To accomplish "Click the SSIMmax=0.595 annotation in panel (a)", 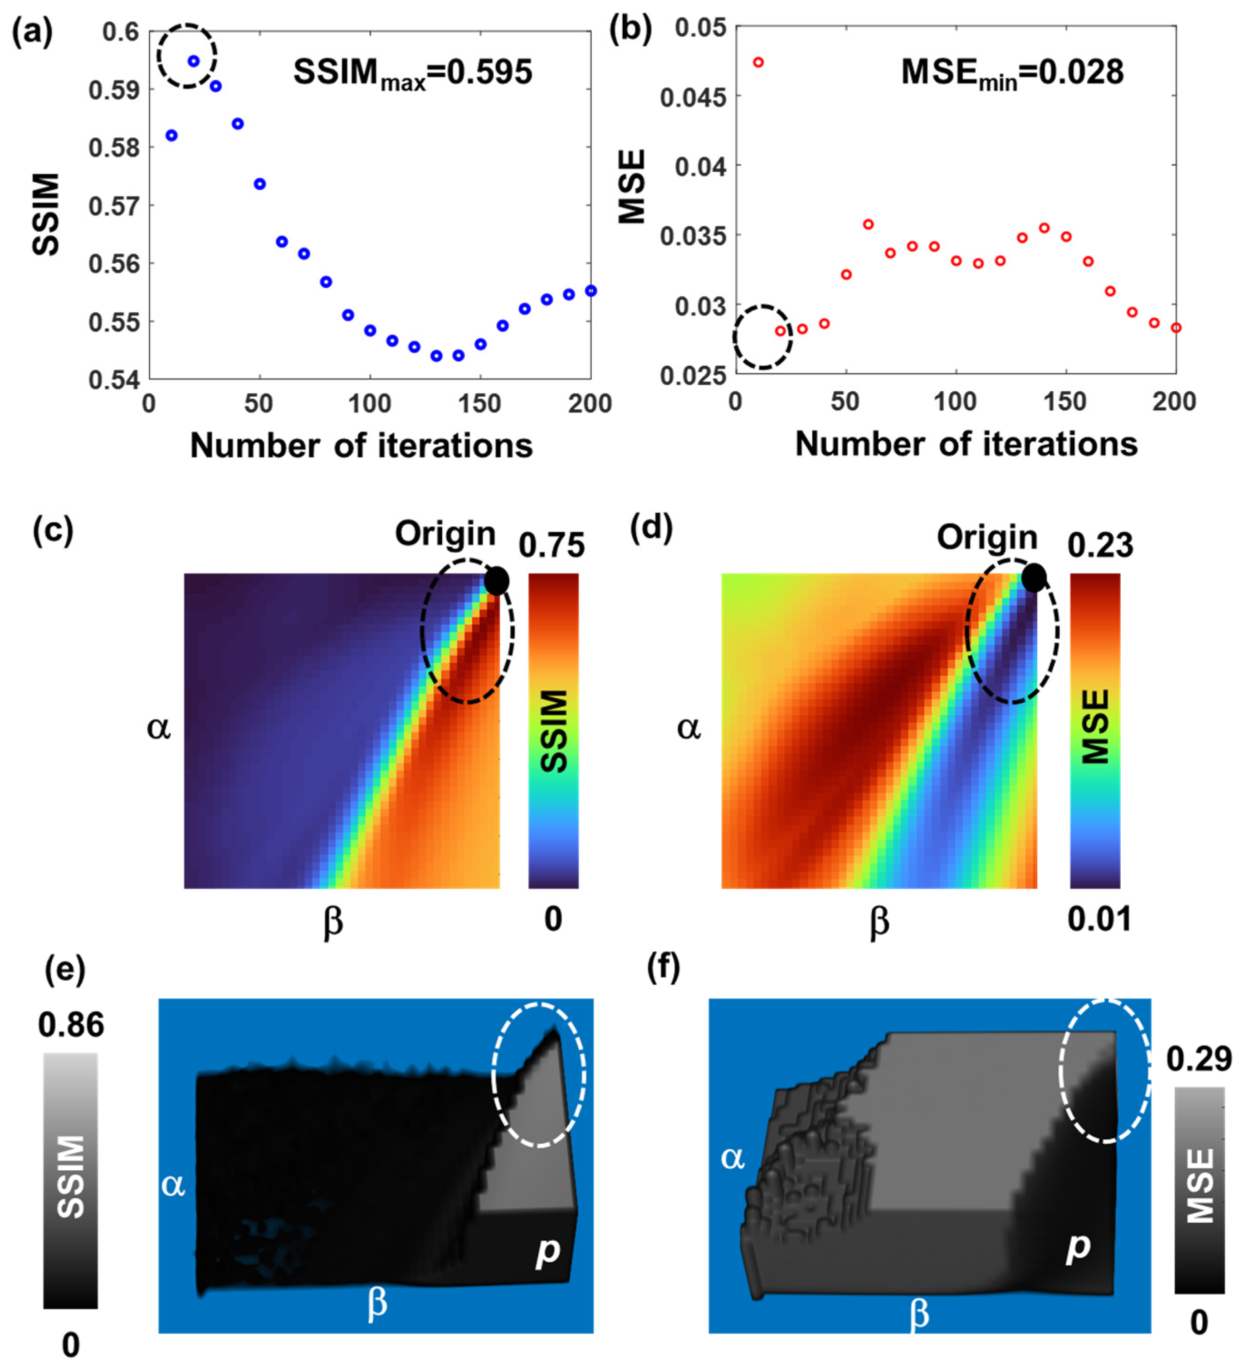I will pos(412,73).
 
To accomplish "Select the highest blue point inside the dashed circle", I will pos(194,61).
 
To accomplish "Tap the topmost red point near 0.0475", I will pos(758,63).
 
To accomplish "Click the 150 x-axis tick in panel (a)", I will pos(480,404).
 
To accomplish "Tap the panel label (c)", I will pos(53,531).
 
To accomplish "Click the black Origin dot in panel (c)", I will pos(497,581).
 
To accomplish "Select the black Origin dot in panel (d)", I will pos(1033,578).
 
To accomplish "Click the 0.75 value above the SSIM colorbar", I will pos(551,545).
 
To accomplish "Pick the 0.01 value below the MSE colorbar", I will pos(1099,919).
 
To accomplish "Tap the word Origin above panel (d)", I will pos(986,537).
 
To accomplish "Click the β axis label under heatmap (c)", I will pos(333,923).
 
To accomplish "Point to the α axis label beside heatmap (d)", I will pos(688,728).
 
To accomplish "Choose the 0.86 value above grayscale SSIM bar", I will pos(71,1025).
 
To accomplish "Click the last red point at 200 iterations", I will pos(1176,328).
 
